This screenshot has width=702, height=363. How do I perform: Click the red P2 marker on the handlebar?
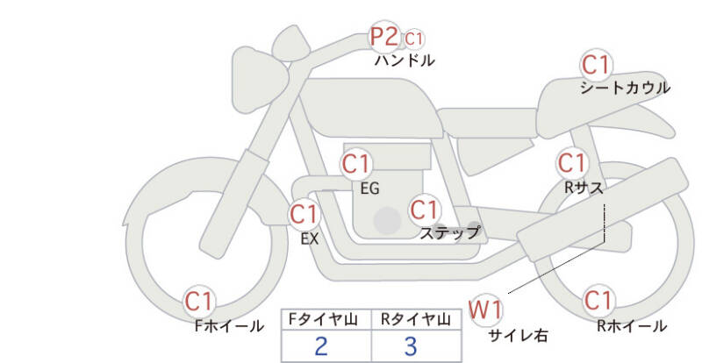coord(383,37)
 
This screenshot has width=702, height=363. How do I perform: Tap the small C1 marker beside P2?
coord(413,39)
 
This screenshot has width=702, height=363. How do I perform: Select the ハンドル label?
coord(405,60)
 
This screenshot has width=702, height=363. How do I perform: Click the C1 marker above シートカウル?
coord(595,66)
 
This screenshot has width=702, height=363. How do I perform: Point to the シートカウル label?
coord(625,88)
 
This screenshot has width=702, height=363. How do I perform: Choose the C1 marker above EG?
coord(355,164)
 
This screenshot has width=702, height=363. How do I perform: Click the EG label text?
coord(369,189)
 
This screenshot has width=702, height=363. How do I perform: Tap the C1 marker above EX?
coord(304,214)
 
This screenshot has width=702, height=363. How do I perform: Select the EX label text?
coord(310,239)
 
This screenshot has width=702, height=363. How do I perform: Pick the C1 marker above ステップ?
coord(424,210)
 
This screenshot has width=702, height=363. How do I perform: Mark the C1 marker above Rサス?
coord(571,163)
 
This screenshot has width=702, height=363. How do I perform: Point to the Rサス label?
coord(584,188)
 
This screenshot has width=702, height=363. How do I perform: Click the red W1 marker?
coord(485,310)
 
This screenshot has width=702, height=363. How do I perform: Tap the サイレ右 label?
coord(518,335)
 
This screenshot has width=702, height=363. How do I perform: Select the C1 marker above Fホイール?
coord(198,302)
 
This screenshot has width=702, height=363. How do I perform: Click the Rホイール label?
coord(632,326)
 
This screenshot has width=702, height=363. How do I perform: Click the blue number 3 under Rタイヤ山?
coord(411,346)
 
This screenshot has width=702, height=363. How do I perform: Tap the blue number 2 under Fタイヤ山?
coord(321,346)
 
